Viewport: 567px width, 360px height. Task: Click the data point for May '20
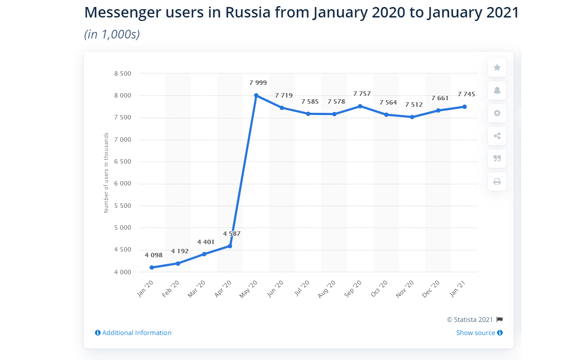click(x=256, y=95)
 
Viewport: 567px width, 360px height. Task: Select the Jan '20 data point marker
click(x=152, y=267)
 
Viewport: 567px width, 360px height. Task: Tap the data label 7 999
click(x=258, y=83)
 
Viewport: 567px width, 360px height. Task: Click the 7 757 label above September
click(x=362, y=94)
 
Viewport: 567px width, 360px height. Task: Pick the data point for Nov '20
click(x=412, y=117)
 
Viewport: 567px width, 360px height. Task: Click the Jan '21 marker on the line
click(x=465, y=107)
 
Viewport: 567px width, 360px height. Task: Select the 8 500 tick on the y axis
click(x=122, y=73)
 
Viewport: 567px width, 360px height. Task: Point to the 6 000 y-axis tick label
click(x=122, y=184)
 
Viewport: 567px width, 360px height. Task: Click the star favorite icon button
click(x=497, y=68)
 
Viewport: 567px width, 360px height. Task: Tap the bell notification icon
click(x=497, y=91)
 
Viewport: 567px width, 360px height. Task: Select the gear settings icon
click(x=497, y=113)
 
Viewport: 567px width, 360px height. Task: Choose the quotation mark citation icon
click(x=497, y=158)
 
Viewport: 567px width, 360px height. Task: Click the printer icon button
click(x=497, y=181)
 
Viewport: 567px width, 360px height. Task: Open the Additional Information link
click(x=133, y=333)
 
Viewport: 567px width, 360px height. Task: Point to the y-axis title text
click(x=106, y=173)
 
